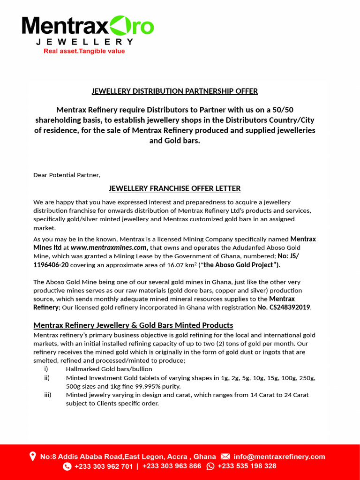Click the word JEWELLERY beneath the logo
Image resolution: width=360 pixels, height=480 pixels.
tap(85, 42)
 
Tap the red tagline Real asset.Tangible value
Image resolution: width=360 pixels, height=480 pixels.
tap(84, 51)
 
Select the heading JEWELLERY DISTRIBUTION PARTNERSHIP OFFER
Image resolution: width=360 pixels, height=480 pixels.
tap(174, 91)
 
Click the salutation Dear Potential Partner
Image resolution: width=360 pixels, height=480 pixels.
tap(67, 175)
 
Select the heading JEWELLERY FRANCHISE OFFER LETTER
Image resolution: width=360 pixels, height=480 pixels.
tap(174, 188)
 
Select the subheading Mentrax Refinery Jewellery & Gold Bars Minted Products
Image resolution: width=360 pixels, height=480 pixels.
tap(133, 325)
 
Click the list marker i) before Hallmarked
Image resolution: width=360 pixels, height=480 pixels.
tap(46, 369)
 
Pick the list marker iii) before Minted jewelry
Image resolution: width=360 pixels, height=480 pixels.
tap(47, 395)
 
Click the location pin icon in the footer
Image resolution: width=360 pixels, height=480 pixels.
tap(32, 456)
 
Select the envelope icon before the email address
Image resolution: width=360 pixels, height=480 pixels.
tap(225, 457)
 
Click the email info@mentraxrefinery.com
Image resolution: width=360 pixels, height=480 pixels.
tap(279, 457)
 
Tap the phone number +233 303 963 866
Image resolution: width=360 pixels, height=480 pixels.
tap(172, 466)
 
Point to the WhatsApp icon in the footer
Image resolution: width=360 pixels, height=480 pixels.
tap(210, 466)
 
